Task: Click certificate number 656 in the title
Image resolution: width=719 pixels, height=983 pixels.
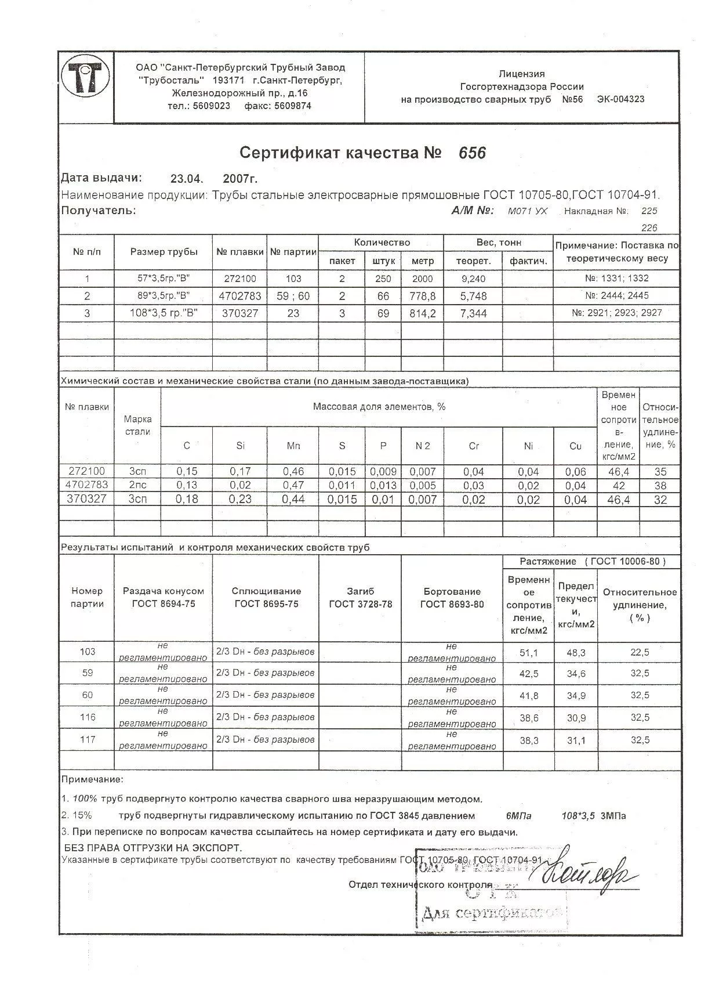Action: pos(471,153)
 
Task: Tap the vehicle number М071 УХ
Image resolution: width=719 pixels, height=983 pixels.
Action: pos(527,212)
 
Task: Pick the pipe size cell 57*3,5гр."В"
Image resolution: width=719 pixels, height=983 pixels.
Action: pos(164,279)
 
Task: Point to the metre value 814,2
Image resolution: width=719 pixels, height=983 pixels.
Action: pos(423,313)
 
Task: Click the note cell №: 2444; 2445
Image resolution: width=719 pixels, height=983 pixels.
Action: pos(617,296)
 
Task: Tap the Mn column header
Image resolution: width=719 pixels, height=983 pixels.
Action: pos(293,446)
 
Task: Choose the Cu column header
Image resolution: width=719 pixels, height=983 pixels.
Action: pos(575,446)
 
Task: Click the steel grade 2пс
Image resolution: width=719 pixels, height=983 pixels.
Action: pos(137,485)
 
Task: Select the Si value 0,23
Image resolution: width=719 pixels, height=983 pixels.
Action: pos(240,499)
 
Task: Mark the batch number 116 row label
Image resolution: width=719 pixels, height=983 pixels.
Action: pos(87,717)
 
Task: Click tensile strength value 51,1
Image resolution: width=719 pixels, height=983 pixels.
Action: pos(528,653)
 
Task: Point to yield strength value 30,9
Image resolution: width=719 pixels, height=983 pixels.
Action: pos(576,718)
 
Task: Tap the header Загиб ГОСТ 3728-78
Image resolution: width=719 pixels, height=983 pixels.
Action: pos(360,598)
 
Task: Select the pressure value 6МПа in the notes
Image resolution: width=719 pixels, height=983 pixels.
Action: pos(518,816)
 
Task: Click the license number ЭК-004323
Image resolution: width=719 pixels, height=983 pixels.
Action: pos(620,99)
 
